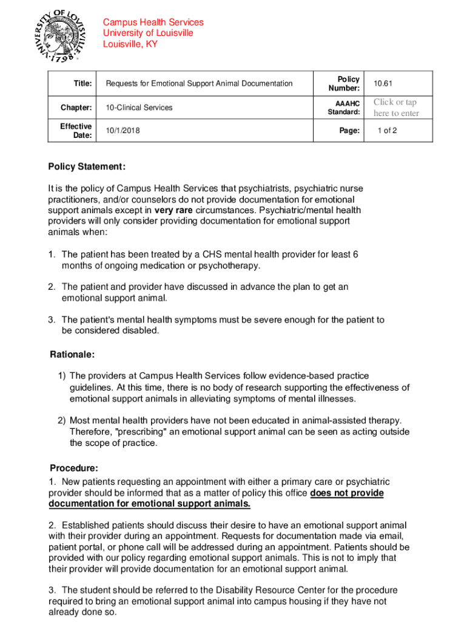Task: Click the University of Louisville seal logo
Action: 58,35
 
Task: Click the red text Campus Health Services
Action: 153,22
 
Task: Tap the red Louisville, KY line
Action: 130,44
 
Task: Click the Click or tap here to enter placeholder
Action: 395,108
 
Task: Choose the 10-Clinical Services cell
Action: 139,108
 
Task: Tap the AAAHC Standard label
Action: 344,108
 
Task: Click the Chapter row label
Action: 76,108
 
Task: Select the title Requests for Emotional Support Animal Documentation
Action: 199,83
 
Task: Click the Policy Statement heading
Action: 87,167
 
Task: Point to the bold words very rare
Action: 175,210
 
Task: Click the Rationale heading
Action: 72,354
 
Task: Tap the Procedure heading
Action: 73,468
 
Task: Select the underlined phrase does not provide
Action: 347,493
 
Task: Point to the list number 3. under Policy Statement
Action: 53,320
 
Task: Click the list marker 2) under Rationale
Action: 62,420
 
